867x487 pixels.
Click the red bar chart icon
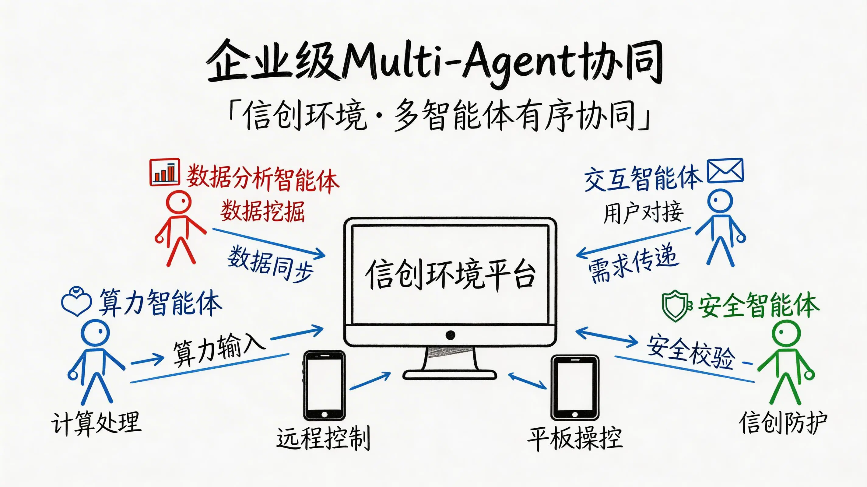165,172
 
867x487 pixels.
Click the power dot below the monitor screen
450,335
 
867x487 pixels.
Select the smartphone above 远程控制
324,385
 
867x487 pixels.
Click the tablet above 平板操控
575,387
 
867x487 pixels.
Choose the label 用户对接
643,213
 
